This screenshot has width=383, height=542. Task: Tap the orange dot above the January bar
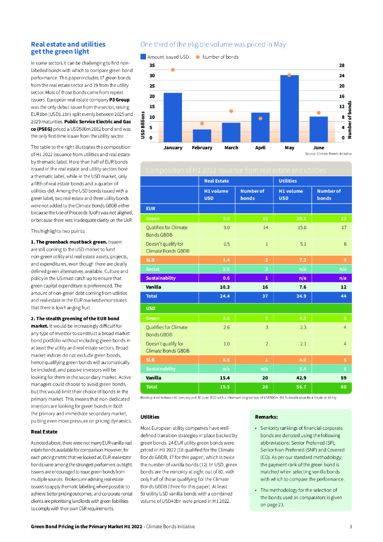click(172, 70)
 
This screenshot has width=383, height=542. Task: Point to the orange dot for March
click(231, 111)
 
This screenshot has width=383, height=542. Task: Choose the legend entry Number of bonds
click(217, 57)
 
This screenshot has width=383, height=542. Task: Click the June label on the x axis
click(318, 147)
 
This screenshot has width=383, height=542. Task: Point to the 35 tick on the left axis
click(152, 66)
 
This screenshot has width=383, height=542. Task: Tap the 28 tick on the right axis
click(342, 66)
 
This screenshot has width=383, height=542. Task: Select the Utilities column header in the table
click(288, 181)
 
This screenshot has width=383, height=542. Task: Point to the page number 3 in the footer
click(350, 527)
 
